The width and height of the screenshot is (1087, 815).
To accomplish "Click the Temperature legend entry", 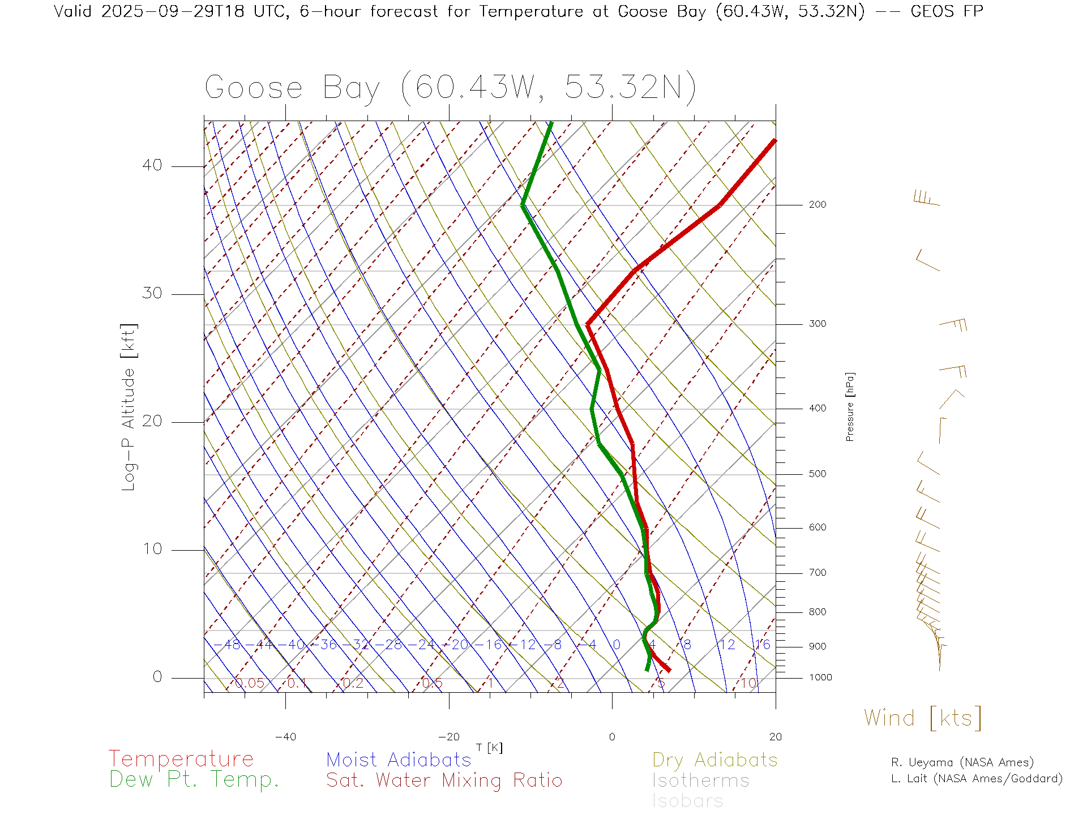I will [181, 758].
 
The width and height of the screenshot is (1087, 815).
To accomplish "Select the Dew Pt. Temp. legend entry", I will [194, 780].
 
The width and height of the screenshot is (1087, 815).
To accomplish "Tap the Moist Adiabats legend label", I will [399, 760].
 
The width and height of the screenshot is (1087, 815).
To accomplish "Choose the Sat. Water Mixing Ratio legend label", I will [444, 780].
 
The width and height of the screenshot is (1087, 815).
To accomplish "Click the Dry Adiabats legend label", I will [714, 760].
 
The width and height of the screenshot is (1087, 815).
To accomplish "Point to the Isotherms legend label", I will [700, 780].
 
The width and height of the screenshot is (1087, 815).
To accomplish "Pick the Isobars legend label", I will [687, 801].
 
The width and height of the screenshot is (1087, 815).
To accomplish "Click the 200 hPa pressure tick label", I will [818, 204].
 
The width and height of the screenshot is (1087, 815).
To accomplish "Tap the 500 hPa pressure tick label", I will [818, 474].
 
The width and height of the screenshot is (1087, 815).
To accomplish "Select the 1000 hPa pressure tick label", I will [820, 677].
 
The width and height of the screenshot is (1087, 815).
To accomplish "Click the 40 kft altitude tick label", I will [152, 165].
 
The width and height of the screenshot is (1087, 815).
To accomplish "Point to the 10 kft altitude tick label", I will [152, 549].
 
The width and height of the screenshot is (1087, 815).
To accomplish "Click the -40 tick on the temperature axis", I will [285, 737].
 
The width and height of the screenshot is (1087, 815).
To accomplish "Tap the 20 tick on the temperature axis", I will [775, 737].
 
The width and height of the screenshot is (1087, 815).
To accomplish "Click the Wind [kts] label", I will [923, 718].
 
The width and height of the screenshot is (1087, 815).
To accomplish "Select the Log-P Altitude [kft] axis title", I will [129, 407].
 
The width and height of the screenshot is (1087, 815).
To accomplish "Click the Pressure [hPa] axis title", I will [850, 407].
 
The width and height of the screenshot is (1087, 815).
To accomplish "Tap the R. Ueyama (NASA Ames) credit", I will [962, 762].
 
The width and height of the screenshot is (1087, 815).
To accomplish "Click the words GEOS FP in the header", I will [947, 11].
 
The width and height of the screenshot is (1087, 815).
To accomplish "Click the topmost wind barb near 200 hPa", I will [926, 199].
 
